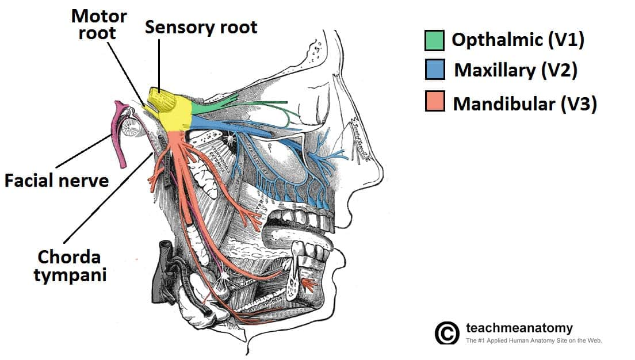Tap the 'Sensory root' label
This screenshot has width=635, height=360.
click(x=201, y=26)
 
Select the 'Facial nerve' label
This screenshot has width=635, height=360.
click(x=56, y=181)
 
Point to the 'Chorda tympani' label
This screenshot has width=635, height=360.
click(x=70, y=266)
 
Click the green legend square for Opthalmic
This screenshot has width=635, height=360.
click(x=434, y=40)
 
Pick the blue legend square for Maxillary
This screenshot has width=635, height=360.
click(x=434, y=71)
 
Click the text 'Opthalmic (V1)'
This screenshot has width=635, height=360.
click(x=518, y=40)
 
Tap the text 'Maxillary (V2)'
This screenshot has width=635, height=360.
click(x=515, y=71)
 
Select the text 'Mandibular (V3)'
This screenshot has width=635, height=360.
click(x=525, y=104)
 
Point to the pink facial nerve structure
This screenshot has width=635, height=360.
click(x=120, y=135)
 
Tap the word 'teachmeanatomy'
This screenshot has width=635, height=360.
click(x=519, y=328)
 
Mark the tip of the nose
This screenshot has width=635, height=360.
click(x=380, y=166)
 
